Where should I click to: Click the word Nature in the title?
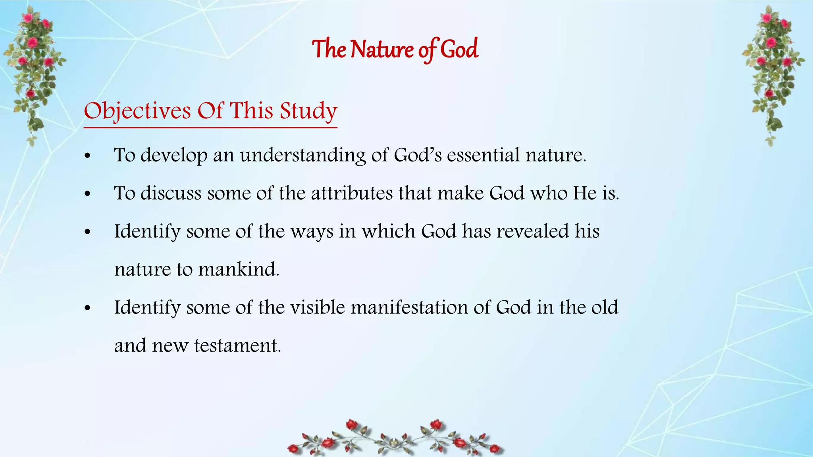pos(382,50)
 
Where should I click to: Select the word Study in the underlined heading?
pos(308,111)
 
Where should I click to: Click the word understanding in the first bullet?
pos(303,155)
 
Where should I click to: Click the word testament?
pos(237,346)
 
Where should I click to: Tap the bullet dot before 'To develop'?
pos(88,156)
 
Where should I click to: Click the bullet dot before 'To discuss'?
pos(88,194)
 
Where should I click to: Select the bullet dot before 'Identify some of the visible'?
pos(88,308)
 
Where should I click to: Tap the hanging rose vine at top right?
pos(772,71)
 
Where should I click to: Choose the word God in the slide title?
pos(459,50)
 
